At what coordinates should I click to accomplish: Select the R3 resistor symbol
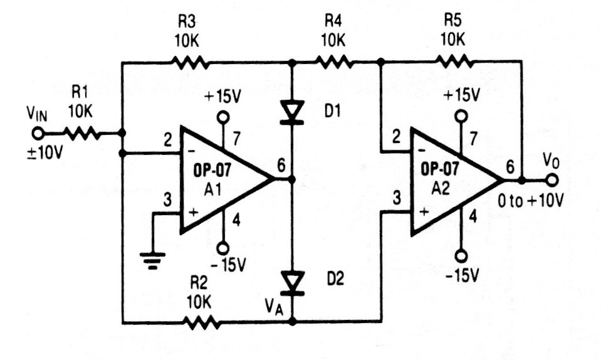189,62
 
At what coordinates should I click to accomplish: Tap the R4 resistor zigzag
335,62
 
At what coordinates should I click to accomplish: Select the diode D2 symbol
291,282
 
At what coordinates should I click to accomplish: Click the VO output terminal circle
552,180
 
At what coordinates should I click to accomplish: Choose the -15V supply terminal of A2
461,256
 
